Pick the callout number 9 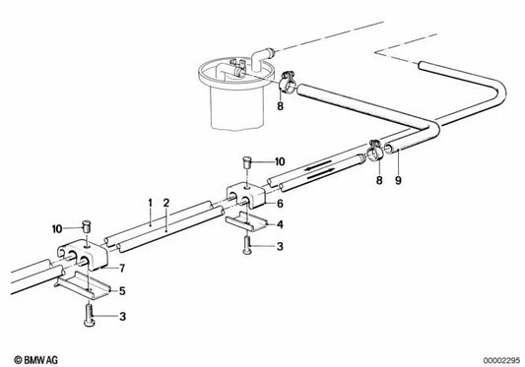click(x=398, y=181)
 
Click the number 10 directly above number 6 click(x=279, y=159)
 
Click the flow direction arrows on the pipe click(x=318, y=169)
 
